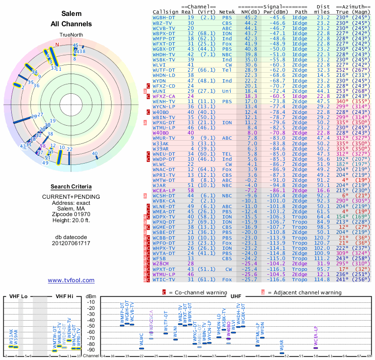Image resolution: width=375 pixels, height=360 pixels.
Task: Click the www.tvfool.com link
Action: tap(71, 280)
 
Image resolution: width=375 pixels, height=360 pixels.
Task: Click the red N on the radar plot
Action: tap(58, 45)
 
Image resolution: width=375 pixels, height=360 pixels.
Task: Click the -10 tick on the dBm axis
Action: tap(90, 302)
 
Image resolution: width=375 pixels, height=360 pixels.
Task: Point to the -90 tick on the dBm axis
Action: tap(90, 350)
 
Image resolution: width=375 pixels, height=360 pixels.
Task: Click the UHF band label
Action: tap(236, 296)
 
